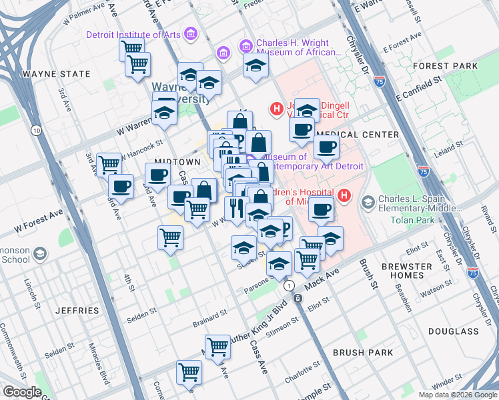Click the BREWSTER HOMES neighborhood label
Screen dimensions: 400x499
(426, 271)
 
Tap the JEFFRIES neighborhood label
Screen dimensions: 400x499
(79, 311)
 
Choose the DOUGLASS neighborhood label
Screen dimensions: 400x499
(454, 331)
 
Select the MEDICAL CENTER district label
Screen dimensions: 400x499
(362, 135)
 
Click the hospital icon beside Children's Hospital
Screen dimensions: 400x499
(344, 195)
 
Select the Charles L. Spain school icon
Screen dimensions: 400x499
(368, 201)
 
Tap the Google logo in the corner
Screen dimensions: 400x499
(23, 393)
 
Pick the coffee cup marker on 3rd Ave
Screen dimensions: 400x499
(121, 187)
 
